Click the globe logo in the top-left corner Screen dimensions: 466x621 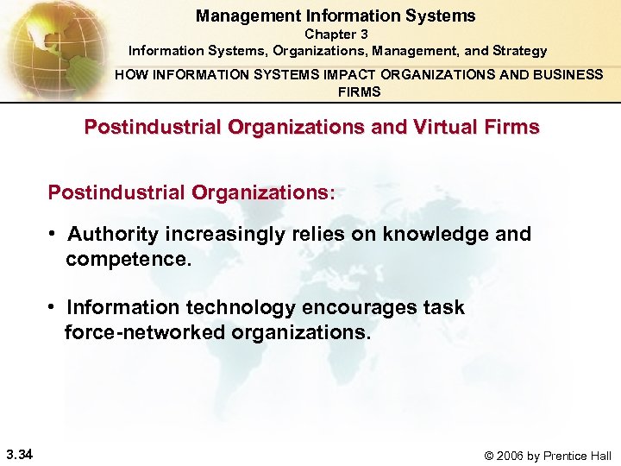[x=47, y=43]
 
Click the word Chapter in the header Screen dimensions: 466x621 [x=324, y=35]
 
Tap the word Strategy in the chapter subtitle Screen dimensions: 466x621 [x=518, y=51]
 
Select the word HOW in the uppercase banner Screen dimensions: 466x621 [x=130, y=75]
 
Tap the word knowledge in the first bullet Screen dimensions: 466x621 [x=438, y=235]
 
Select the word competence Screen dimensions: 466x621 [x=126, y=259]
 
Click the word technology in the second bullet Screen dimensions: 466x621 [x=238, y=308]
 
